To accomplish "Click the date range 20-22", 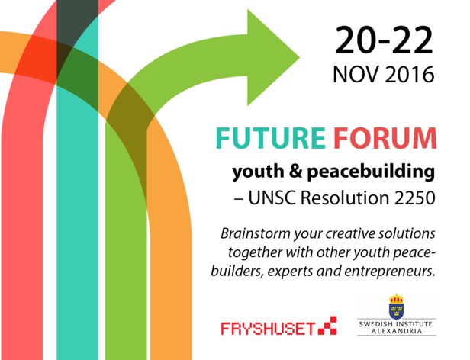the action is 384,40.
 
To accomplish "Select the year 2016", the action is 410,74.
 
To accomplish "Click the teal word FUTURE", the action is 270,138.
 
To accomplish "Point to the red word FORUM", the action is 385,138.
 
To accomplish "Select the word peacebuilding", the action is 371,172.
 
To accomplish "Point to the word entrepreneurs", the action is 389,272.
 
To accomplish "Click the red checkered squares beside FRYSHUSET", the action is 327,326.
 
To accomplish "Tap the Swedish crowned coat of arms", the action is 396,307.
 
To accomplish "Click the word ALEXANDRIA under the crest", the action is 397,331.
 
